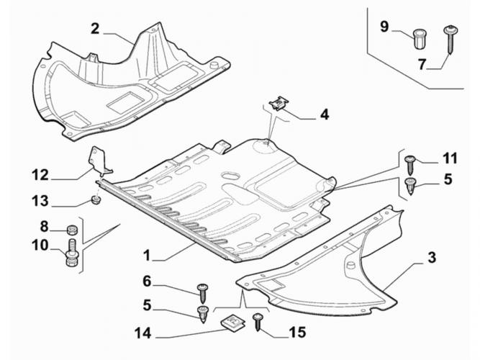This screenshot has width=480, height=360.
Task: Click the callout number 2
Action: (94, 29)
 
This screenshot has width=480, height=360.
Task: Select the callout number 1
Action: (146, 255)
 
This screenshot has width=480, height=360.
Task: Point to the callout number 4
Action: (324, 114)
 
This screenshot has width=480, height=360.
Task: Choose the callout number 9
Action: (384, 27)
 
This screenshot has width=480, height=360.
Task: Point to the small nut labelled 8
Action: (71, 230)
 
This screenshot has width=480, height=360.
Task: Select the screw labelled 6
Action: (202, 292)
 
